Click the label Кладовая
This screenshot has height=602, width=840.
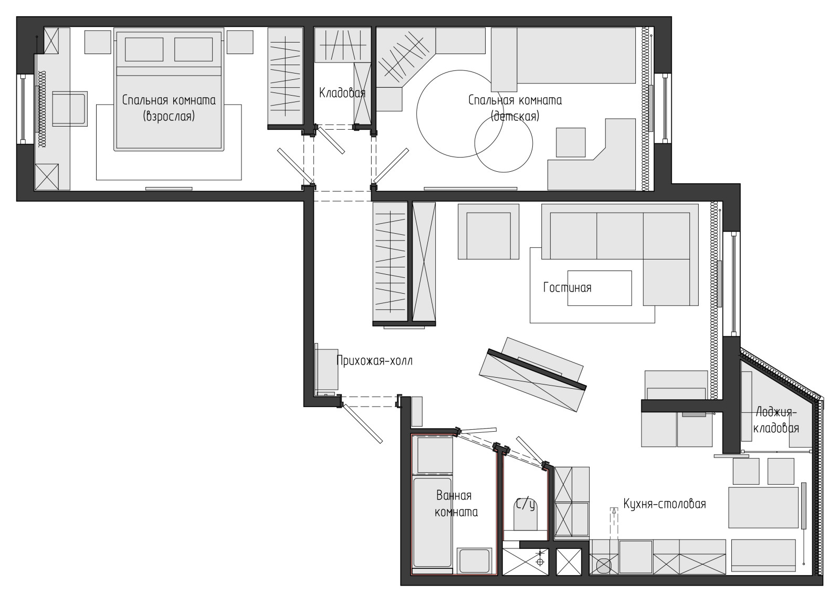pyautogui.click(x=342, y=92)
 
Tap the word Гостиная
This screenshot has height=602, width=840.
pyautogui.click(x=568, y=288)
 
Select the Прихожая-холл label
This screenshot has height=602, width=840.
pyautogui.click(x=374, y=361)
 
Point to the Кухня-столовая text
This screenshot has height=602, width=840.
pyautogui.click(x=665, y=504)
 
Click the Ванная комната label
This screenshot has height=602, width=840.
pyautogui.click(x=456, y=504)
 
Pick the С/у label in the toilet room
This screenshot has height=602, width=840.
pyautogui.click(x=526, y=504)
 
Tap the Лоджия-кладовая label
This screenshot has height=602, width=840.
pyautogui.click(x=776, y=420)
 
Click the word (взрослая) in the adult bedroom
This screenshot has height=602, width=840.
pyautogui.click(x=169, y=116)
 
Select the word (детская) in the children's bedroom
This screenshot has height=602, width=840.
pyautogui.click(x=515, y=116)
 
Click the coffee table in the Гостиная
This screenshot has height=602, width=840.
pyautogui.click(x=600, y=288)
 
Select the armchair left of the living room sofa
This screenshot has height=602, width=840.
pyautogui.click(x=488, y=232)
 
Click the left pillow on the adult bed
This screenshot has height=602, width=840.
pyautogui.click(x=144, y=49)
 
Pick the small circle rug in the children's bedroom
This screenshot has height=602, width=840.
pyautogui.click(x=503, y=143)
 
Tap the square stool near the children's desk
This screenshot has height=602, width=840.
pyautogui.click(x=570, y=142)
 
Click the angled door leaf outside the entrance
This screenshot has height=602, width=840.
pyautogui.click(x=363, y=424)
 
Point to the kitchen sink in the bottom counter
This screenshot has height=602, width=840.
pyautogui.click(x=604, y=566)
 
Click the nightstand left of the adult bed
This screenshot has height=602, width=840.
pyautogui.click(x=98, y=42)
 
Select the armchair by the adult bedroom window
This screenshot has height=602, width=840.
pyautogui.click(x=70, y=109)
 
